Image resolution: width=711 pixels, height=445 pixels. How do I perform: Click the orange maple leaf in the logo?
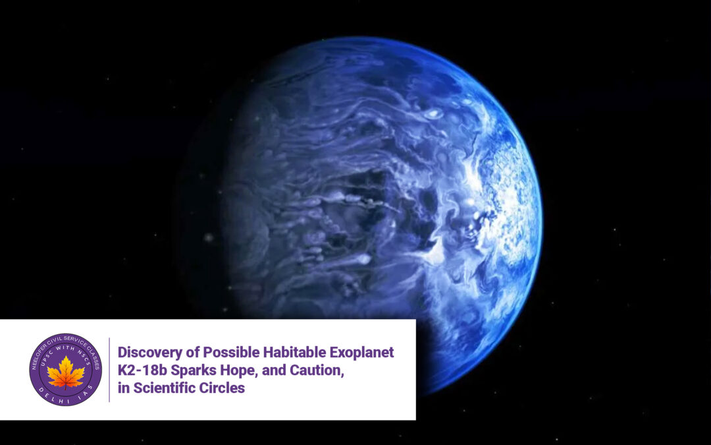click(x=66, y=372)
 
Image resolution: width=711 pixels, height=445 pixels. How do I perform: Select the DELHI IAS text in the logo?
click(x=66, y=398)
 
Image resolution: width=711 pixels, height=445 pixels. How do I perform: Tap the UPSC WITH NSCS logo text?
click(x=66, y=352)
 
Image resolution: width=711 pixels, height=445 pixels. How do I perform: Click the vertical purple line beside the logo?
click(x=109, y=370)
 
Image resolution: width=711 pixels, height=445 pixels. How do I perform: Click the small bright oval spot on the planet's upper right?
click(x=433, y=113)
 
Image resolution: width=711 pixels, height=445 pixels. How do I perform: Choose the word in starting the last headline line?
click(x=124, y=388)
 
